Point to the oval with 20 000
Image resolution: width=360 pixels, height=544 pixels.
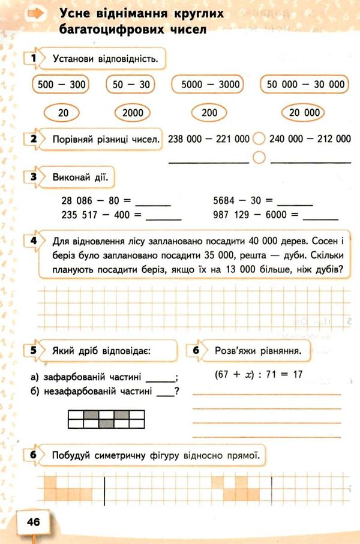(304, 112)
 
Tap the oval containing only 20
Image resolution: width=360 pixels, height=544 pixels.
(64, 112)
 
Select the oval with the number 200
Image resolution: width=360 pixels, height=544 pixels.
(209, 112)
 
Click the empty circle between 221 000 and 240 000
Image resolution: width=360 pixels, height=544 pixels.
(259, 139)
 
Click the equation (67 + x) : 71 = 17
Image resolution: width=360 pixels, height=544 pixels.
(257, 374)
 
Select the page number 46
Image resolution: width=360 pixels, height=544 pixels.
(33, 522)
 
